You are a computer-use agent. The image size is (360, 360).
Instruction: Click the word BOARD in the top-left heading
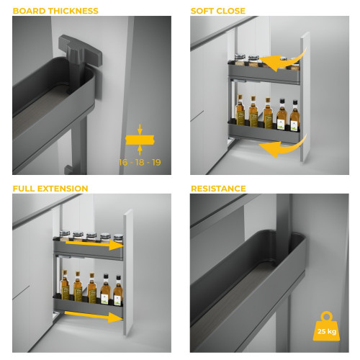coord(30,11)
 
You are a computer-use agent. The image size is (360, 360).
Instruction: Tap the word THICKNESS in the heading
coord(73,11)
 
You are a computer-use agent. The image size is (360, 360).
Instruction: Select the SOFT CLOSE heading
coord(217,11)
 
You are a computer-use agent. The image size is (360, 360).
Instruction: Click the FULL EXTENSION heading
coord(50,189)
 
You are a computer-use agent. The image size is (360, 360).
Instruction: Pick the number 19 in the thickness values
coord(155,162)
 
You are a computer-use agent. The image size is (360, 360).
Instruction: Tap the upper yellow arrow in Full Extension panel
coord(91,246)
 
